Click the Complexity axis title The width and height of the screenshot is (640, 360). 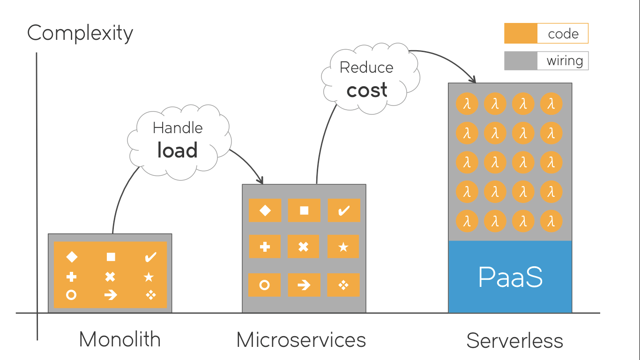coord(80,33)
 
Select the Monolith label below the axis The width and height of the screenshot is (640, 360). coord(120,339)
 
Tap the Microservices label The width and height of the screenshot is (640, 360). coord(301,340)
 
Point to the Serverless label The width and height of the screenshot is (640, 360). coord(514,341)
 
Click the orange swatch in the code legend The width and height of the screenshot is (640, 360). coord(521,33)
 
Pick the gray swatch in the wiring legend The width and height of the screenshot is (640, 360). coord(521,60)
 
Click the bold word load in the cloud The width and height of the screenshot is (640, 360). coord(178,150)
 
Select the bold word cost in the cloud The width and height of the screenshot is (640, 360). coord(367,90)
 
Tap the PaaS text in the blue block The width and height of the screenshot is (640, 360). coord(510,277)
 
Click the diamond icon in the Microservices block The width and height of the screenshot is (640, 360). coord(265,210)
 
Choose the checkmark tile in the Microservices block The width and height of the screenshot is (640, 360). coord(344,210)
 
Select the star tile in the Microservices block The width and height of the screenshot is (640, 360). coord(343,247)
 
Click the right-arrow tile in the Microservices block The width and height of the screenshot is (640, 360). coord(304,285)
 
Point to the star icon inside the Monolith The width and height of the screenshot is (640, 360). coord(149,277)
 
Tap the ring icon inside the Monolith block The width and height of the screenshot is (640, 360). coord(71,295)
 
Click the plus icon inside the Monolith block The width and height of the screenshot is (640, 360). coord(71,277)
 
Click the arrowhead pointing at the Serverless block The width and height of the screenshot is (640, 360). coord(473,79)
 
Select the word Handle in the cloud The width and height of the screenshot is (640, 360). coord(178,128)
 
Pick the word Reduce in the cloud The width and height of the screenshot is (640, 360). coord(366,67)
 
